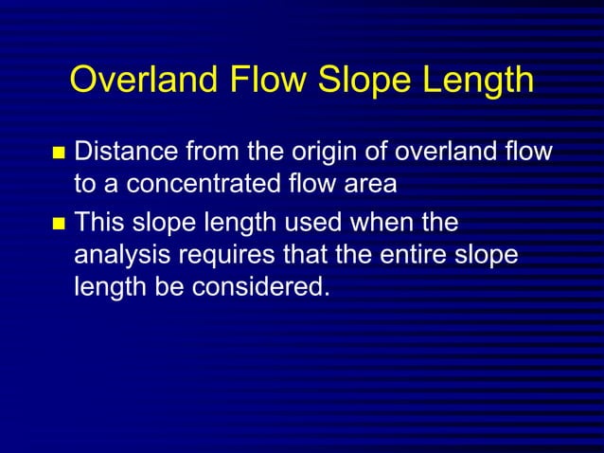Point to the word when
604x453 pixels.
pyautogui.click(x=384, y=225)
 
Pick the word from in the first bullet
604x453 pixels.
pyautogui.click(x=213, y=152)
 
